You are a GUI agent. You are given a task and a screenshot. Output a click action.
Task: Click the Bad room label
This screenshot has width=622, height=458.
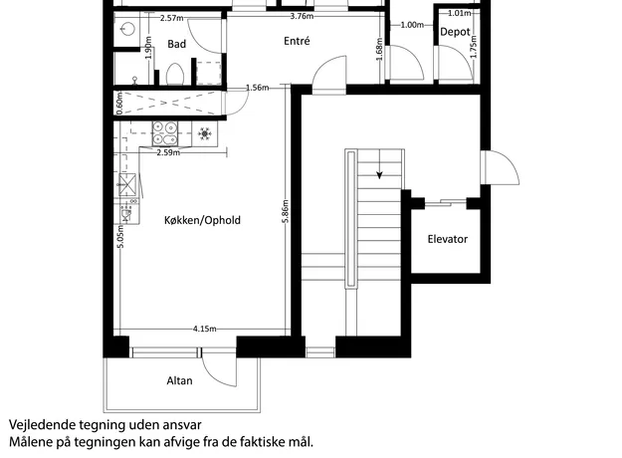coord(176,44)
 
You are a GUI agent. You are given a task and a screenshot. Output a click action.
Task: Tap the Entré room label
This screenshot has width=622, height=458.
coord(297,41)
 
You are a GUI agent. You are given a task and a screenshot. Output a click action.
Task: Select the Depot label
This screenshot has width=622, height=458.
coord(455,32)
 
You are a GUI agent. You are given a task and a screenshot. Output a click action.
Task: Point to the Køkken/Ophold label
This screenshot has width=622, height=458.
coord(202,220)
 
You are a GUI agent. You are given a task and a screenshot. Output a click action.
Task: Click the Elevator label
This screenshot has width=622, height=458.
coord(448,239)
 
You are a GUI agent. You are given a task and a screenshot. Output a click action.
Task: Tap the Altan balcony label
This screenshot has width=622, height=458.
coord(180,380)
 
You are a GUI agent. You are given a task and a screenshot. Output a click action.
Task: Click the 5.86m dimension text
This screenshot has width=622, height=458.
coord(286,211)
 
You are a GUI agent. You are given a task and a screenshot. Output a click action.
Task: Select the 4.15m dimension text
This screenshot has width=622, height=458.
coord(205,329)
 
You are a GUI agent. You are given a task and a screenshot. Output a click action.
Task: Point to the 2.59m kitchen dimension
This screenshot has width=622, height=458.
coord(168,152)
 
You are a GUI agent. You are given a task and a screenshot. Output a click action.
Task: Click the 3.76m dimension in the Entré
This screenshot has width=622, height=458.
coord(302,16)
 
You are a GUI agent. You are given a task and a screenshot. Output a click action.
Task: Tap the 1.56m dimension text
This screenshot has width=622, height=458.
coord(258,88)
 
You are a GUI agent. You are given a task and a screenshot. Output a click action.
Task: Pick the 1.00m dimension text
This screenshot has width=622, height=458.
coord(412,25)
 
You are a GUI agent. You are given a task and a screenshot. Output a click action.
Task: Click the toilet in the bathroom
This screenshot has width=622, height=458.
coord(174,74)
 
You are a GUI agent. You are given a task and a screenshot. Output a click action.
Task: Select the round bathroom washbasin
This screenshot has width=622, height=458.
coord(127,29)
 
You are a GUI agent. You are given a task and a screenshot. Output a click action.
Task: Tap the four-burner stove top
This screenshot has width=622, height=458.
coord(165,133)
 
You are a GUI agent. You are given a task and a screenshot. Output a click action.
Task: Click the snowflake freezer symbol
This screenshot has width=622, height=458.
coord(205,133)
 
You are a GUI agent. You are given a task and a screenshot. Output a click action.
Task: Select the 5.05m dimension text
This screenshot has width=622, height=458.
coord(121,237)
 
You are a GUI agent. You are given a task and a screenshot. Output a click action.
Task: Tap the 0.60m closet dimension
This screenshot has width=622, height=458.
coord(120,103)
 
